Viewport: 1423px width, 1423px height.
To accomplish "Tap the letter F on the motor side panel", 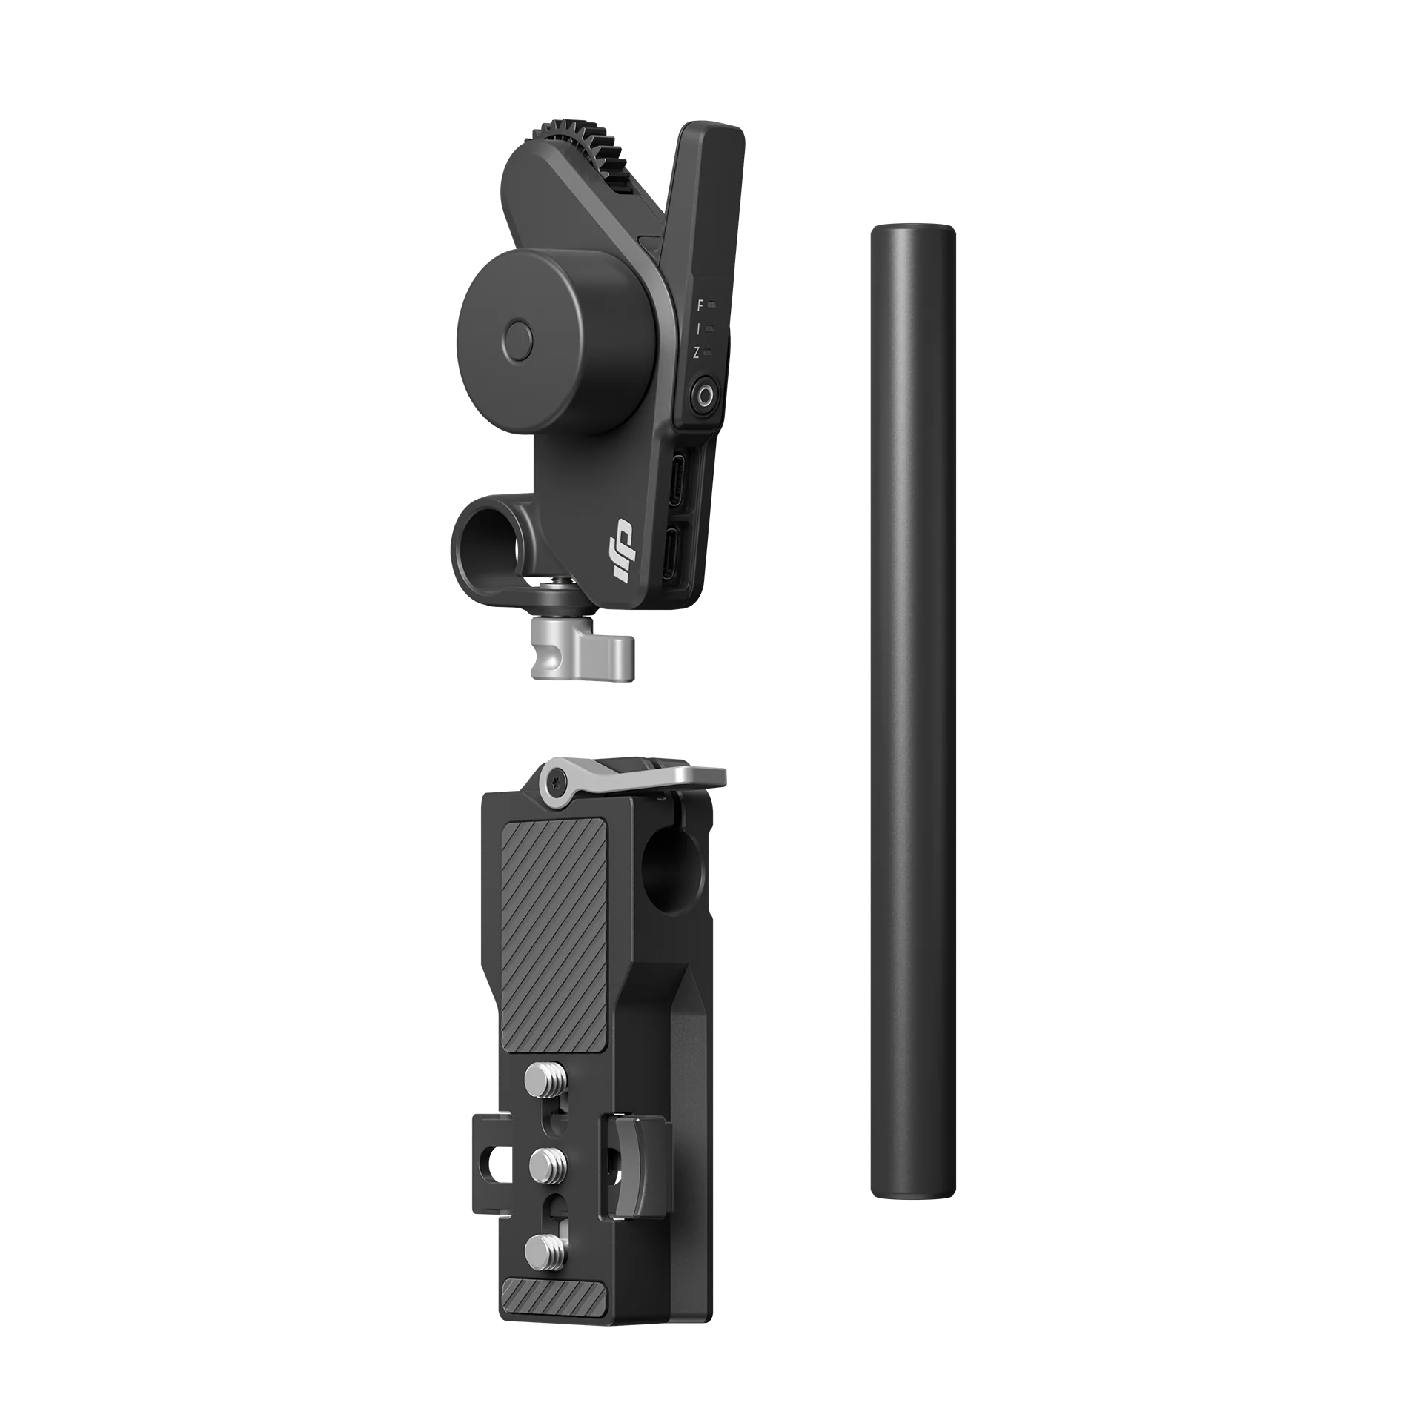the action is [700, 304].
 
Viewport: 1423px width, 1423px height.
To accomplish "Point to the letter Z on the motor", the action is [696, 354].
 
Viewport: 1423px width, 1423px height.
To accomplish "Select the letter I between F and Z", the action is [698, 328].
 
